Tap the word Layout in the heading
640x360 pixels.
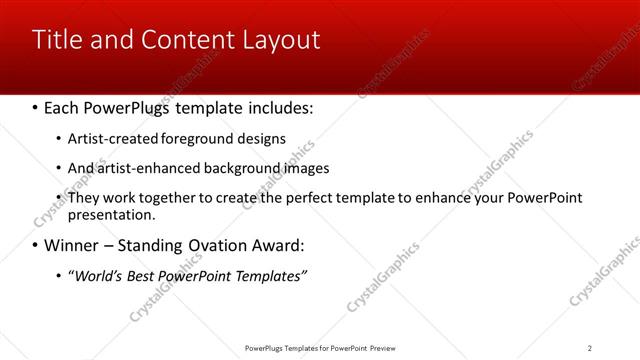[282, 40]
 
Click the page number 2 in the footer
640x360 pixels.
[589, 348]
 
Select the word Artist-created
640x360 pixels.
[108, 138]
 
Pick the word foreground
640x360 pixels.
[190, 138]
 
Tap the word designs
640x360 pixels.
[260, 138]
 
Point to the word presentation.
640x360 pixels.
[110, 214]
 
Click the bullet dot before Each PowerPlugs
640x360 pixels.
[36, 107]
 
